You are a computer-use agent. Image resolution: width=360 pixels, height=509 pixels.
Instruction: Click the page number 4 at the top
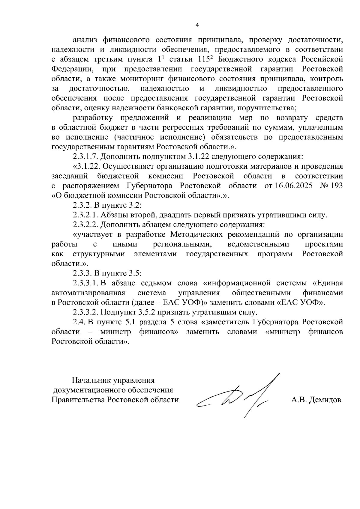pos(197,25)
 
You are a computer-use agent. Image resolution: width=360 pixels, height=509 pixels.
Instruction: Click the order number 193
pos(337,186)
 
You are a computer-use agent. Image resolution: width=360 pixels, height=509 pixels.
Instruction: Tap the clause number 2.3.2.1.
pos(85,215)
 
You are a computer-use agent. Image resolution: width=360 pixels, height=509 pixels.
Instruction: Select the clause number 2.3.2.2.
pos(85,225)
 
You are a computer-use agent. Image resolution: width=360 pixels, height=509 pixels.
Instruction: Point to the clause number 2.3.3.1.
pos(85,283)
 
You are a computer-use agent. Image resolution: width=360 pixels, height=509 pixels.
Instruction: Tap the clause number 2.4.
pos(79,322)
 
